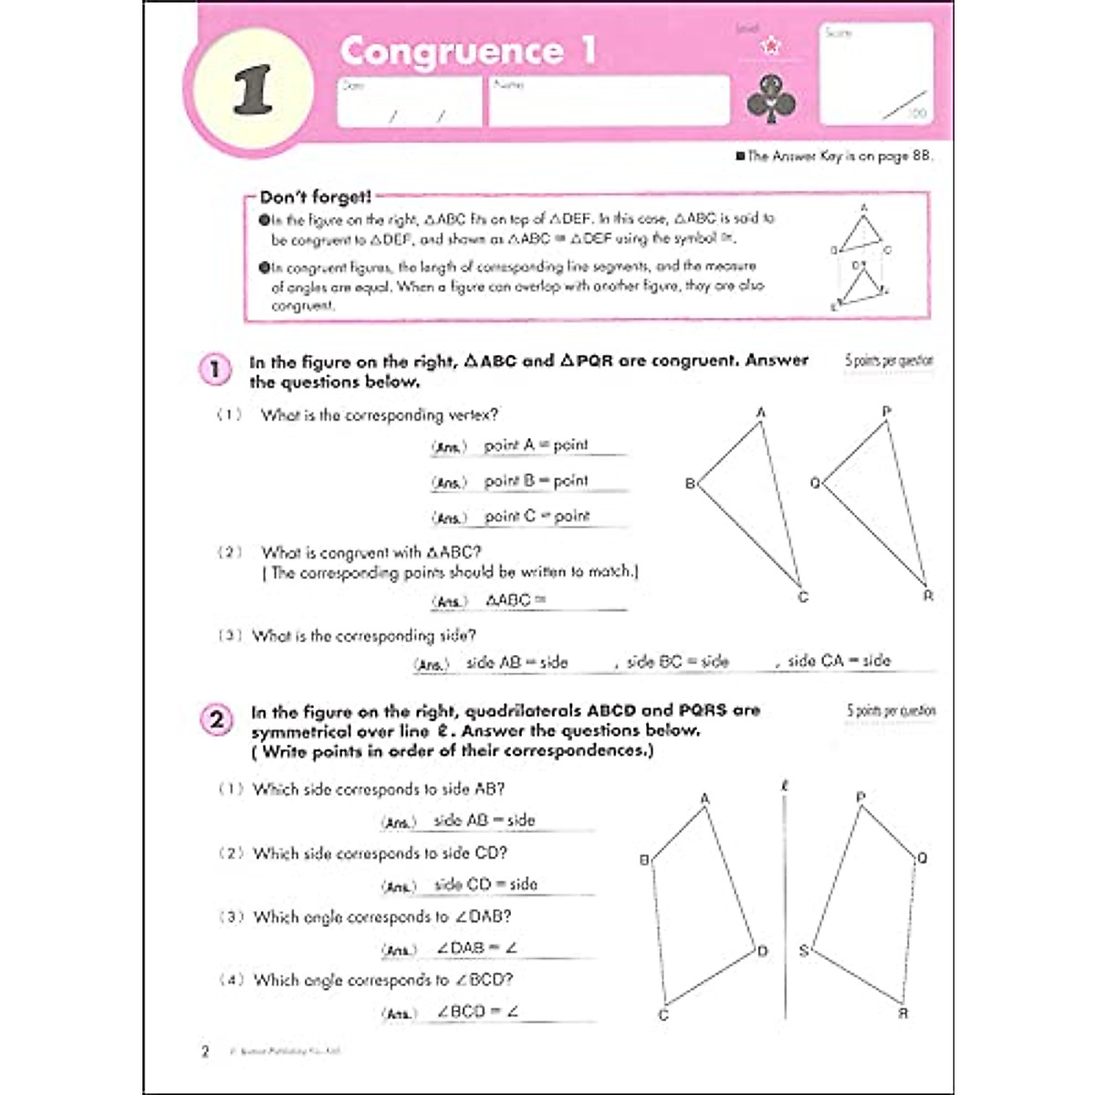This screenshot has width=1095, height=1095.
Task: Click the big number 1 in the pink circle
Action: click(253, 91)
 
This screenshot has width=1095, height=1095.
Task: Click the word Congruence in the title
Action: click(452, 50)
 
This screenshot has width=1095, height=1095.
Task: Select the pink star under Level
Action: click(771, 45)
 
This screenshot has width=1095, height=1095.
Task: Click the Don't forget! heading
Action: click(315, 196)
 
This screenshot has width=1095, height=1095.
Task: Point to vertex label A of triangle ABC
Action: click(761, 412)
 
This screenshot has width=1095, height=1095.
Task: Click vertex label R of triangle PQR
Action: click(928, 596)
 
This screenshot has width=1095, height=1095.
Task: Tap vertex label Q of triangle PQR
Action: click(815, 483)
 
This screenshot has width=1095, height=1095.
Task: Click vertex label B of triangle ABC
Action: click(690, 484)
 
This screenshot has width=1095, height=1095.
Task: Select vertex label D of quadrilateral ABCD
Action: click(763, 952)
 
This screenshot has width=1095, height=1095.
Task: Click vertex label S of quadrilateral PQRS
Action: click(803, 952)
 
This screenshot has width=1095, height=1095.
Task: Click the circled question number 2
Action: click(216, 720)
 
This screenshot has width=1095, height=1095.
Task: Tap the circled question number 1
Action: click(214, 370)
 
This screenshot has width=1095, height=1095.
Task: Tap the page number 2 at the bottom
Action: click(205, 1051)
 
